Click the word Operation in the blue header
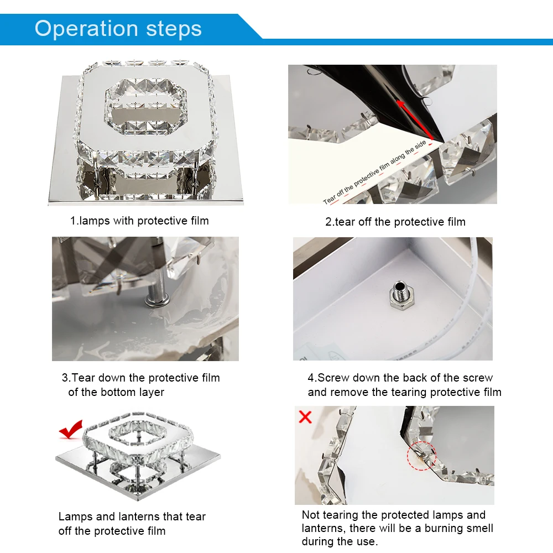[x=86, y=29]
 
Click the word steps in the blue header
[x=174, y=29]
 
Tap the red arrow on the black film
[x=415, y=119]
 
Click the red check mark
[x=71, y=429]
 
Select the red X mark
[x=305, y=417]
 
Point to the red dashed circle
[x=422, y=455]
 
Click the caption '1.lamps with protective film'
[x=139, y=221]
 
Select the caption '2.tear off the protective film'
[x=395, y=222]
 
